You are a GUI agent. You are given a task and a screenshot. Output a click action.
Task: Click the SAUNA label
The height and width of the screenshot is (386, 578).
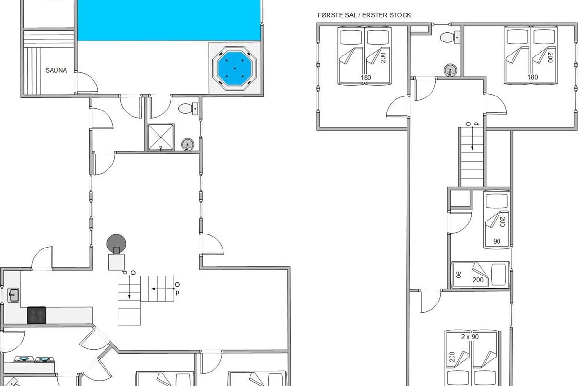[56, 70]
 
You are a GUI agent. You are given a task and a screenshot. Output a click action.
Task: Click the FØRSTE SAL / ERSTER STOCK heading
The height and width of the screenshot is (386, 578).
[364, 15]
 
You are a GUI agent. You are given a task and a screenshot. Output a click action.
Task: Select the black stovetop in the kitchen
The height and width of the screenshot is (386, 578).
[37, 315]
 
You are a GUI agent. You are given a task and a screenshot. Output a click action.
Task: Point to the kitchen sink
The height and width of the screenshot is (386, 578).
[13, 295]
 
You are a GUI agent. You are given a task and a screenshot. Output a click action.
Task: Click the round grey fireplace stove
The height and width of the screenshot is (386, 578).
[116, 243]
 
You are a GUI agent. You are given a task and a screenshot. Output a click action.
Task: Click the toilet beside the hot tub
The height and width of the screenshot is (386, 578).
[188, 109]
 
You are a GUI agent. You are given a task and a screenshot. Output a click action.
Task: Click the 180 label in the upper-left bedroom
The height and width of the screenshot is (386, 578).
[366, 77]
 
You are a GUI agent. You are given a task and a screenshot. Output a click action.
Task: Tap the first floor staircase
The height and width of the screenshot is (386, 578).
[472, 157]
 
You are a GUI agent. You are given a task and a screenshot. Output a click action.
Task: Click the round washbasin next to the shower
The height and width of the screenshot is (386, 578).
[187, 144]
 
